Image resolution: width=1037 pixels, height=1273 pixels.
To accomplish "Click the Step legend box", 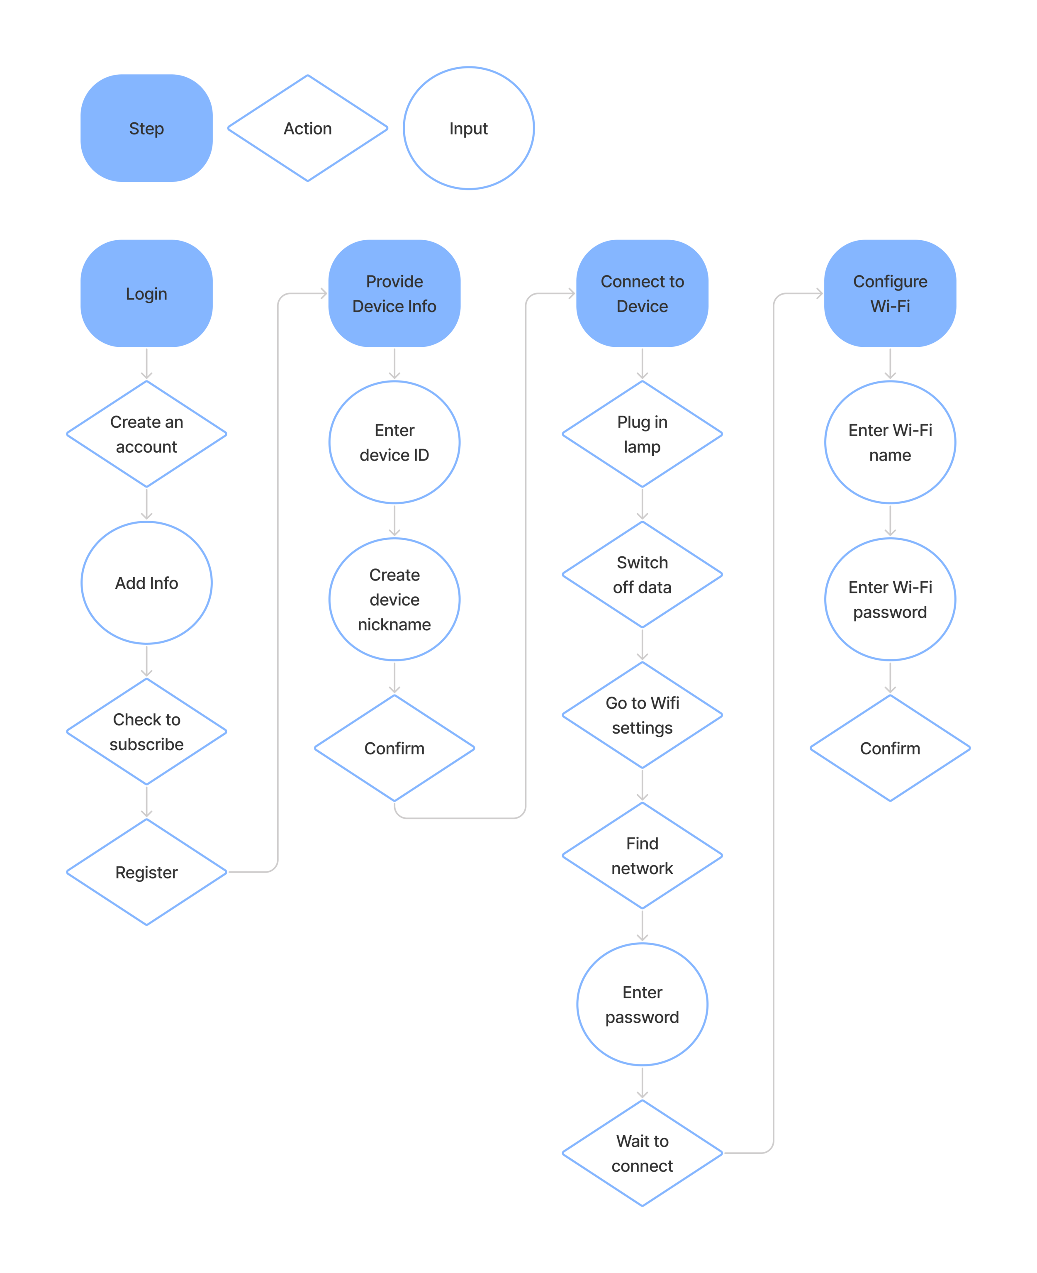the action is (x=146, y=128).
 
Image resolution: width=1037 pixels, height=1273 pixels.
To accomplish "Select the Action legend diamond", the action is (x=308, y=128).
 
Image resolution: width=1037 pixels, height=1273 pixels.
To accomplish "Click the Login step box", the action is (x=146, y=293).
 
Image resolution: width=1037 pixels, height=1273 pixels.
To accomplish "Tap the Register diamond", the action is (x=146, y=872).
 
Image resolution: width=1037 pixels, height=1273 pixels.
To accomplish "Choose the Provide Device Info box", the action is (x=394, y=293).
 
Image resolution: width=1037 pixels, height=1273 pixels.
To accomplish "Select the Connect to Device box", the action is (x=642, y=293).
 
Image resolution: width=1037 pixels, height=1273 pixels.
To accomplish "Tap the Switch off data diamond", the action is (x=642, y=575).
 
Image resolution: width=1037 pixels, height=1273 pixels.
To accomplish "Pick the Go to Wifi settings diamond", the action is (x=642, y=715).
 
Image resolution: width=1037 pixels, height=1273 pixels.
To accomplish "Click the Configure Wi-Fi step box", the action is (x=890, y=293).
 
